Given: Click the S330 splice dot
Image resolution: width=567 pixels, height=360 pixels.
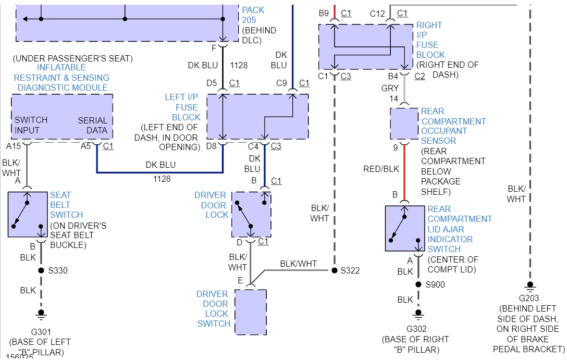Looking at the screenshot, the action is click(41, 270).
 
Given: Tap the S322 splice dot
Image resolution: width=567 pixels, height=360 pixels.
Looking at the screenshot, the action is click(335, 270).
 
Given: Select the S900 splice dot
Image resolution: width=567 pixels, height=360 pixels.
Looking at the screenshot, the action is click(418, 284).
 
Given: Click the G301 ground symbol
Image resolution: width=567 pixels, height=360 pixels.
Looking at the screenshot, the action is click(41, 315).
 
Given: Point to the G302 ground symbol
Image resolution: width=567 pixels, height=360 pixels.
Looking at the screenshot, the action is click(418, 315).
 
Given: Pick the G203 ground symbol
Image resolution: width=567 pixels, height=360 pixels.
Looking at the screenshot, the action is click(530, 287).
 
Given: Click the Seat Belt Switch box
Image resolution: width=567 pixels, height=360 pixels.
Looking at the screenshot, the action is click(28, 215).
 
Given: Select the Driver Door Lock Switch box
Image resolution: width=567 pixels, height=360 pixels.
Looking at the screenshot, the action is click(251, 312).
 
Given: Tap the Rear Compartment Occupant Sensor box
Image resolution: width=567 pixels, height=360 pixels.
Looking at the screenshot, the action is click(404, 123).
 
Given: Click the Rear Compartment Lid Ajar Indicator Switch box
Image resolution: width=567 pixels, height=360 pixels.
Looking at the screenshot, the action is click(404, 228).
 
